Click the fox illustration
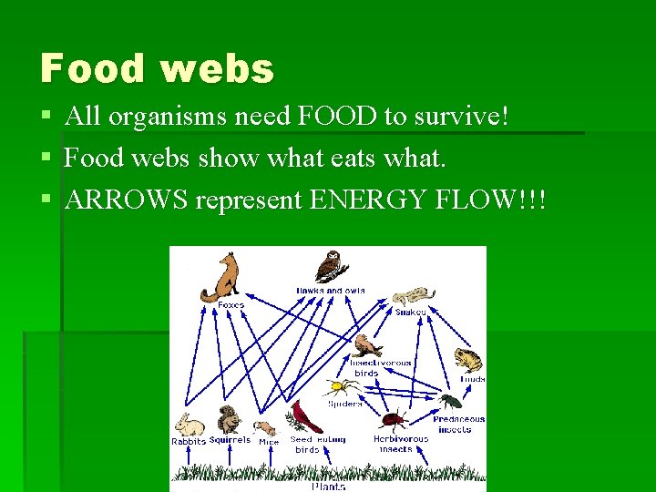coord(222,276)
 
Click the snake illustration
coord(413,296)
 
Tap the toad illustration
coord(468,359)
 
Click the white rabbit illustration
coord(190,425)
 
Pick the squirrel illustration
coord(228,421)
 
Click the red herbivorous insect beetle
coord(394,420)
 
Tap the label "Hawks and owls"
coord(330,291)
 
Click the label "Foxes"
coord(231,305)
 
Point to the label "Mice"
coord(269,441)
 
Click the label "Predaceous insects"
coord(459,425)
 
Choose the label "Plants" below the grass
coord(328,487)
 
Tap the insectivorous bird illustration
coord(366,346)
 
